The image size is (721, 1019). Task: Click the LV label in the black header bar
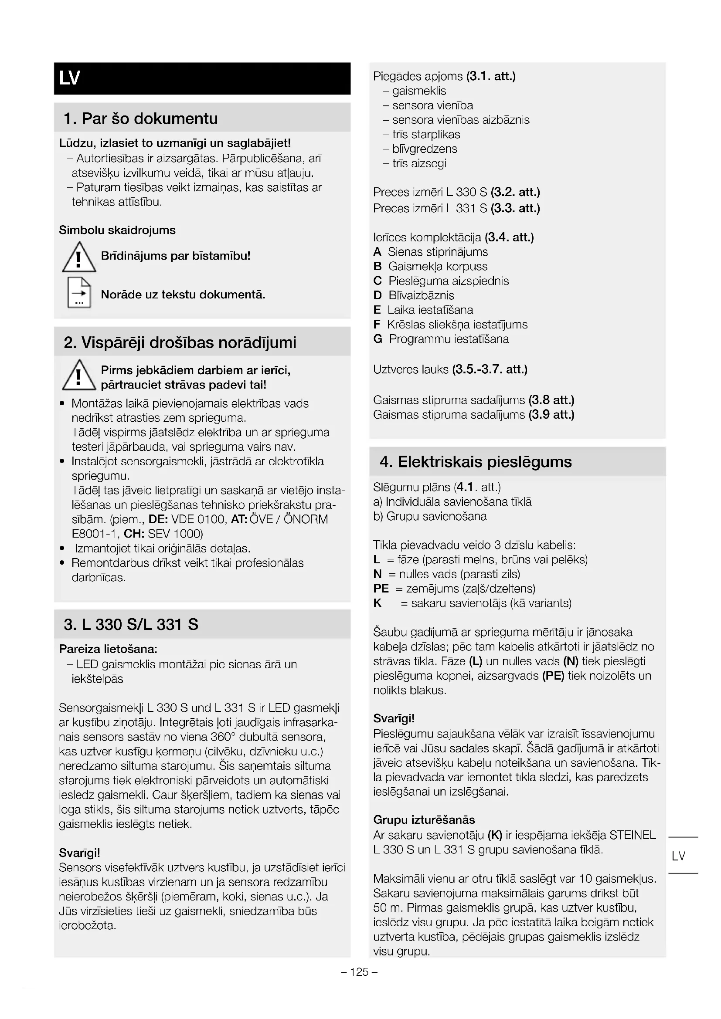70,78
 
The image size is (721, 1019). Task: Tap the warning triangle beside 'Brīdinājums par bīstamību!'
78,257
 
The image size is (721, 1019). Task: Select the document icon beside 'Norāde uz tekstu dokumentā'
79,293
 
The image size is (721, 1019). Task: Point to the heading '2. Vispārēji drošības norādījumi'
180,342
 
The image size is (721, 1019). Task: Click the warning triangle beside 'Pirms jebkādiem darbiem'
78,376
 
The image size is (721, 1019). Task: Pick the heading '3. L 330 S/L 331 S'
131,624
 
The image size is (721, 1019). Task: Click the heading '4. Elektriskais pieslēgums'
476,461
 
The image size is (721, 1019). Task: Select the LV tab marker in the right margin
678,856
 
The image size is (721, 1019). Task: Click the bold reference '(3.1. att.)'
490,76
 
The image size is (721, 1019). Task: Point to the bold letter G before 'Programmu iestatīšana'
378,339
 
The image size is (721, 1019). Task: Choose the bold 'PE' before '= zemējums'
381,589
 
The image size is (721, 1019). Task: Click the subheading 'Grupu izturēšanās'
424,819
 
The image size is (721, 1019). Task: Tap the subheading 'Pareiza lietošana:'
108,649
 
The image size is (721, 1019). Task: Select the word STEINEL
633,835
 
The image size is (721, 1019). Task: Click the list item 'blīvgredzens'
425,149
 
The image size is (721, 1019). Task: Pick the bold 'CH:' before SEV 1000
134,534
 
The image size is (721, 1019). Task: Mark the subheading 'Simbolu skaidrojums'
117,230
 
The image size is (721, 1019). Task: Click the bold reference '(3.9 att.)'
551,414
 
